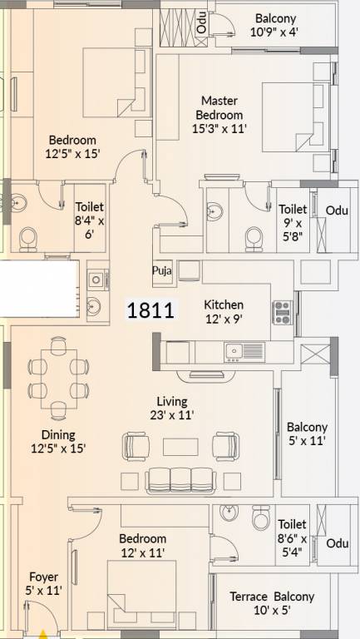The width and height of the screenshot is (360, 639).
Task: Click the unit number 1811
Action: (150, 311)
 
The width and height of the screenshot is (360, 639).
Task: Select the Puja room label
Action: (161, 270)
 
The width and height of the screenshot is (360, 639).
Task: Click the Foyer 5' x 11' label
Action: (43, 584)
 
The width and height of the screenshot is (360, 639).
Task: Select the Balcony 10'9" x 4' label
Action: (275, 26)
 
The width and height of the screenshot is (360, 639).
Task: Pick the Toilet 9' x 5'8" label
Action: (293, 222)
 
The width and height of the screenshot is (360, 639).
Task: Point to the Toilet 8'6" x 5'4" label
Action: (293, 537)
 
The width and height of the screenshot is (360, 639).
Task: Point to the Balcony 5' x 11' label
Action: (307, 434)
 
